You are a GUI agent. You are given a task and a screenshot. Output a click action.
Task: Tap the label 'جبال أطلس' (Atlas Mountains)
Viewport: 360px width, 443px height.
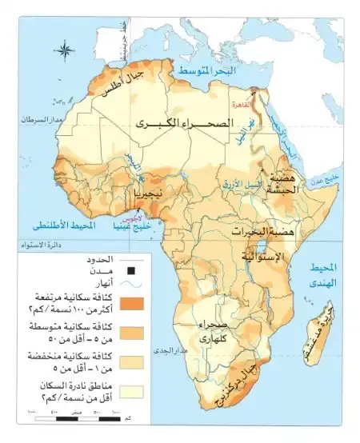tap(126, 82)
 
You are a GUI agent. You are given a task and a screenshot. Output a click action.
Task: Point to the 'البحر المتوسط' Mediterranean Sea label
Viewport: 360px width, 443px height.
tap(207, 71)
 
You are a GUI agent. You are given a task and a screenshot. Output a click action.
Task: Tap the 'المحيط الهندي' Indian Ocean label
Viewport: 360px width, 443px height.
tap(325, 275)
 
